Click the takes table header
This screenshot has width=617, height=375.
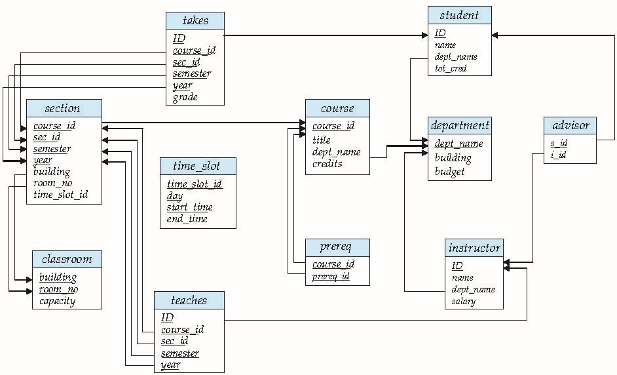coord(195,20)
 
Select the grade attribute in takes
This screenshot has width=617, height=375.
coord(185,98)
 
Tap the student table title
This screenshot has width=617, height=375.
coord(459,15)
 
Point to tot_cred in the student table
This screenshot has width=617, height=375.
coord(451,68)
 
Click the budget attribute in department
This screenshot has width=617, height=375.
coord(450,172)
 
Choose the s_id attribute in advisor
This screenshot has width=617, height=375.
coord(559,143)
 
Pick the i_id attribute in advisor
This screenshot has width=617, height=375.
coord(559,155)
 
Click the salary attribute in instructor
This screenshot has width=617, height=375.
coord(463,302)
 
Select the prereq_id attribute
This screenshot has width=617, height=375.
coord(331,276)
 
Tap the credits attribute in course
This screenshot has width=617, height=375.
coord(327,164)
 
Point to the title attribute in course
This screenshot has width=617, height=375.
coord(322,140)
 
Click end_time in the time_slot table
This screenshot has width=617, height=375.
coord(187,219)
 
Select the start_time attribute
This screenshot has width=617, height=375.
coord(190,207)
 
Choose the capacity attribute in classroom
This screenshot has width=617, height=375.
coord(57,302)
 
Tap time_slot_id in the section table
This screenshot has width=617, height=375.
coord(60,195)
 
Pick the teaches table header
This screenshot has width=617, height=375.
coord(189,301)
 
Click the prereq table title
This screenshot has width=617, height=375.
coord(337,247)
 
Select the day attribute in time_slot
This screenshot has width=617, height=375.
coord(175,195)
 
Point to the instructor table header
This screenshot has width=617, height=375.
coord(474,248)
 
